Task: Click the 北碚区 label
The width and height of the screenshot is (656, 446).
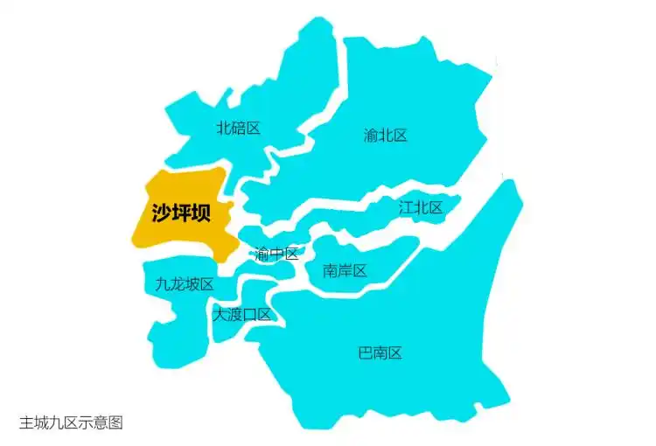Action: [238, 128]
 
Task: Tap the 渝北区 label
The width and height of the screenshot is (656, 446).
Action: [386, 135]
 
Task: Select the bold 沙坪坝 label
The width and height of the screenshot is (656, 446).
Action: [181, 213]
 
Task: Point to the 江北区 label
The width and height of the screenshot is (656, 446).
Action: [421, 207]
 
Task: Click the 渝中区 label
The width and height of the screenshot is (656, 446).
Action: [276, 254]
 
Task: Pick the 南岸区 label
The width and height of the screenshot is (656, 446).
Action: [345, 270]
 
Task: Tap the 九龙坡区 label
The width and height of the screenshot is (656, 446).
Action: [185, 284]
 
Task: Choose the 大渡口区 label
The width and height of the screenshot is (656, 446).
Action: [241, 314]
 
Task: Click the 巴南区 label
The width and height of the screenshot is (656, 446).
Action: [380, 353]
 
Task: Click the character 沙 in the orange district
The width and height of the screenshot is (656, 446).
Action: [161, 213]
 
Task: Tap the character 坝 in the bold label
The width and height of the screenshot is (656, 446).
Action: [201, 213]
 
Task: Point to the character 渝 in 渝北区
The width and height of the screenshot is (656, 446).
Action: [371, 135]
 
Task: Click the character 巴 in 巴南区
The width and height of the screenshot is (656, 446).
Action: [366, 353]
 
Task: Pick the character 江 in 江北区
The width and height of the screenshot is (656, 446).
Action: [406, 207]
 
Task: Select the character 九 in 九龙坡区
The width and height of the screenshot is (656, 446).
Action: [163, 284]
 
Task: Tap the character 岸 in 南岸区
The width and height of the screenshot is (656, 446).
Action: [345, 270]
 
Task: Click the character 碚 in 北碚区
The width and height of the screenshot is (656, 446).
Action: [238, 128]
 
